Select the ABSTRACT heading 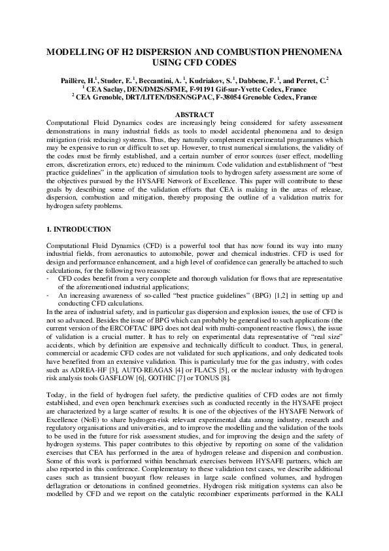coord(194,115)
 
